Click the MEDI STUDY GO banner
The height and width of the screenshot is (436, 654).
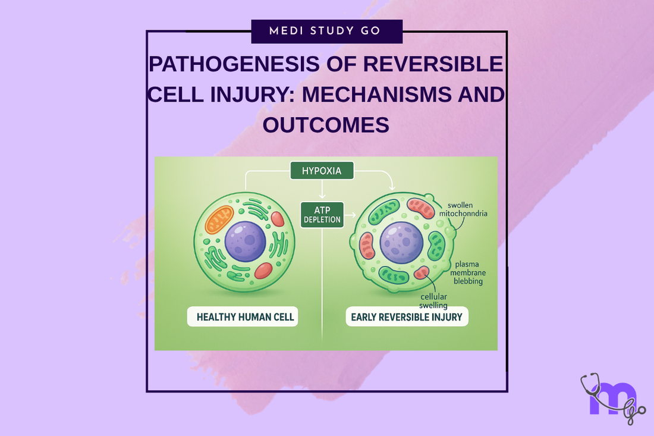[x=326, y=31]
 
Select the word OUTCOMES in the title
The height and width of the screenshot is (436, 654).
[x=326, y=125]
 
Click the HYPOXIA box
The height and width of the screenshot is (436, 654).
[x=322, y=171]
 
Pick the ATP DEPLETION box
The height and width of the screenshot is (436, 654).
[x=322, y=215]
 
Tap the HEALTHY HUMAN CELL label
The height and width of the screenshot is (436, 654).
[x=245, y=317]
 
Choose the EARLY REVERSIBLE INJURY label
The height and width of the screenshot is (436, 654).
[x=407, y=317]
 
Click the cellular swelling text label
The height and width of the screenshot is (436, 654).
[x=433, y=301]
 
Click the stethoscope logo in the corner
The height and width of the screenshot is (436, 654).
[x=611, y=397]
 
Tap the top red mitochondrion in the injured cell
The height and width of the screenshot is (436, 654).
[x=422, y=208]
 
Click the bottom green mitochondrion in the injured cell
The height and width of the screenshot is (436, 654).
[x=394, y=275]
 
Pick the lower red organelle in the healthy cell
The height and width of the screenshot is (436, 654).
[x=263, y=271]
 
